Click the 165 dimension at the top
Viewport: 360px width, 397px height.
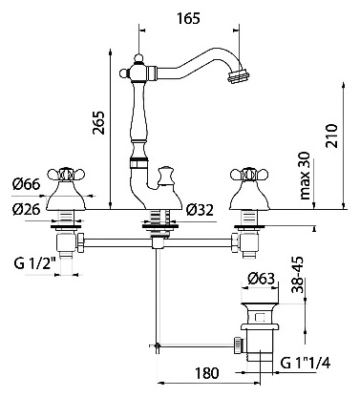tap(189, 18)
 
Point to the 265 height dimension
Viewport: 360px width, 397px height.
tap(98, 123)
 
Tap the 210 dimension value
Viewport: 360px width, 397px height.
tap(331, 136)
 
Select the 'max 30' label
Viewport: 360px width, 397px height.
tap(305, 176)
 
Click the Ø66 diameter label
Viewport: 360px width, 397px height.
tap(27, 184)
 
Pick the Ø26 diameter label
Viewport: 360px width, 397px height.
tap(27, 209)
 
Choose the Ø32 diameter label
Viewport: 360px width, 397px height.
tap(200, 210)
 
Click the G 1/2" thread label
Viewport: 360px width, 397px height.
tap(35, 263)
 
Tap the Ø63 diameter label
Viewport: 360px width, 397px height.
tap(261, 279)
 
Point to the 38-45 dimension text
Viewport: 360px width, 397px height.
tap(298, 275)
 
